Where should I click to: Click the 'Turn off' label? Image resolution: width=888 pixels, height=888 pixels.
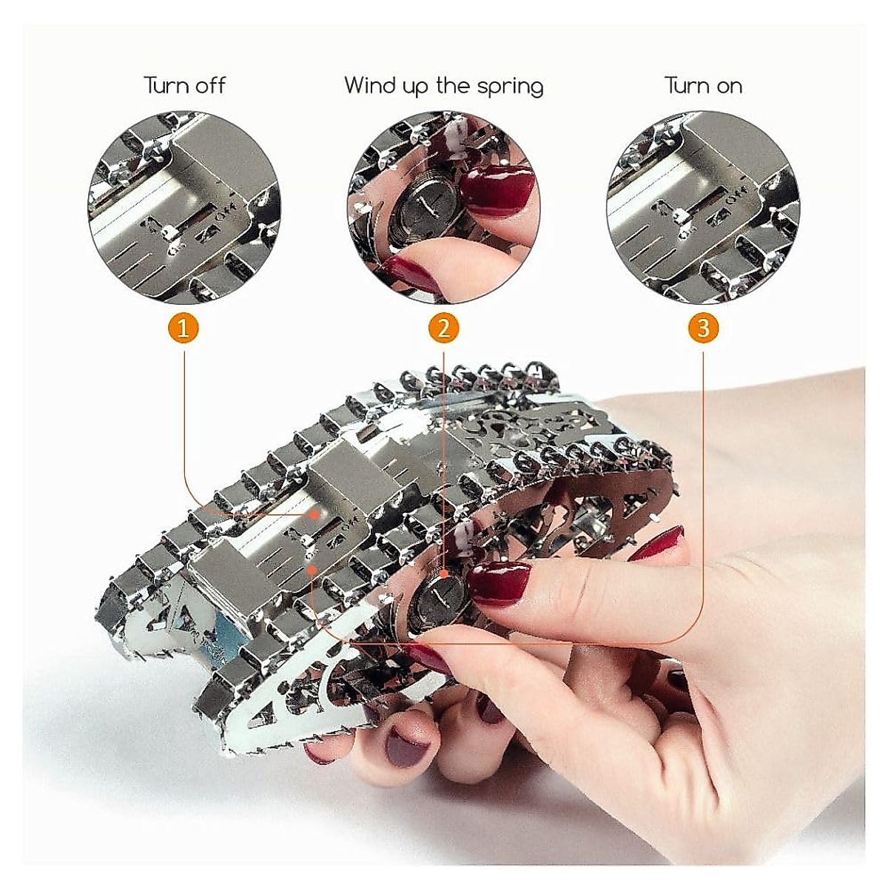tap(184, 86)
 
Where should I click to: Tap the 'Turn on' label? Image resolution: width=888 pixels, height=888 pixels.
tap(702, 86)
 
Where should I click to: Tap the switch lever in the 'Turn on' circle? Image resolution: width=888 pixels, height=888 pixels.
tap(682, 215)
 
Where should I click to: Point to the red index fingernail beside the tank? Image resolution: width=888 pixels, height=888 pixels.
tap(659, 545)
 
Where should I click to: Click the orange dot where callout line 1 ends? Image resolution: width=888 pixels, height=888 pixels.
tap(314, 513)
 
